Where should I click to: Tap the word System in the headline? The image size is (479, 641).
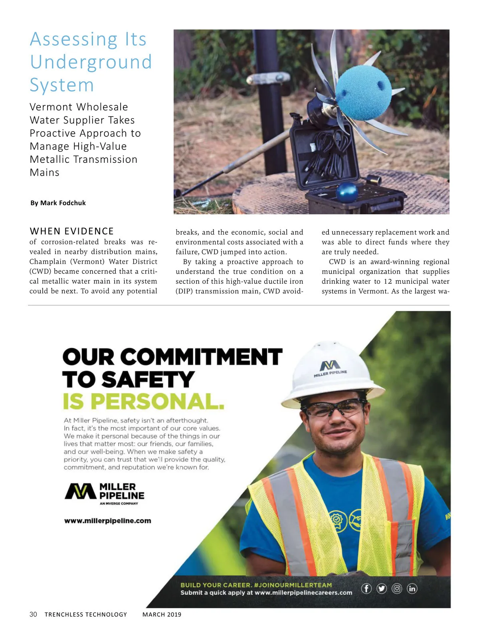click(62, 85)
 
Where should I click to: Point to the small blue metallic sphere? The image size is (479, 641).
click(347, 193)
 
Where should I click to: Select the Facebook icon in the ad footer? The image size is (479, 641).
click(366, 588)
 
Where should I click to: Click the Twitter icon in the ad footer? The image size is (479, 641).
click(382, 588)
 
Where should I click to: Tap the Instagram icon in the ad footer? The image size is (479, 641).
click(397, 588)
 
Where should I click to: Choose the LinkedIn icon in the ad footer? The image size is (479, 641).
click(412, 588)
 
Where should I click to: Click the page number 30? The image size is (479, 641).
click(33, 614)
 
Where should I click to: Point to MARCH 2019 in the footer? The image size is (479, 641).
click(162, 614)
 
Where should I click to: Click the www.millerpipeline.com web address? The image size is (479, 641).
click(108, 520)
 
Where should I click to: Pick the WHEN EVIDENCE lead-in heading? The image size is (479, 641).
click(72, 231)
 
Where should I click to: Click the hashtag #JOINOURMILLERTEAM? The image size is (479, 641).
click(293, 585)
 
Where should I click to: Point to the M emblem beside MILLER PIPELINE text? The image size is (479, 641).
click(80, 491)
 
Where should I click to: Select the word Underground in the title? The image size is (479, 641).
click(91, 62)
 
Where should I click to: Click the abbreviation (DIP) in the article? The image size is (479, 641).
click(184, 291)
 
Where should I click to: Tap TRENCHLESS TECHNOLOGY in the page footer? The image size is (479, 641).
click(86, 614)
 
